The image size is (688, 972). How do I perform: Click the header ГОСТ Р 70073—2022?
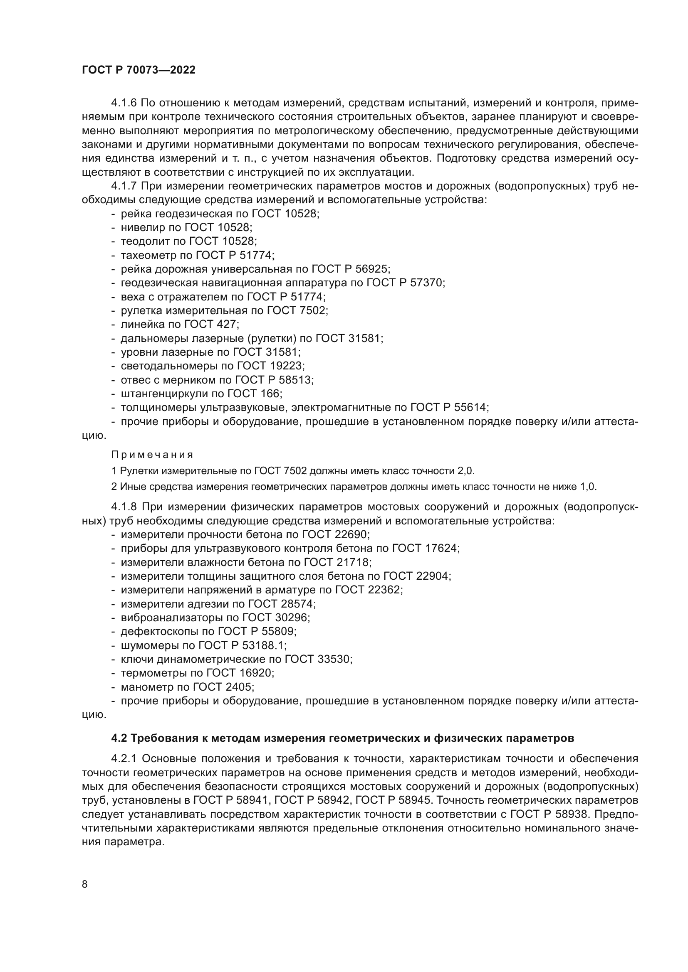tap(139, 70)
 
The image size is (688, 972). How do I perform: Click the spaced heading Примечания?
tap(152, 455)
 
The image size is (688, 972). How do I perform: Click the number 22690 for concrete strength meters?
tap(354, 534)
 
